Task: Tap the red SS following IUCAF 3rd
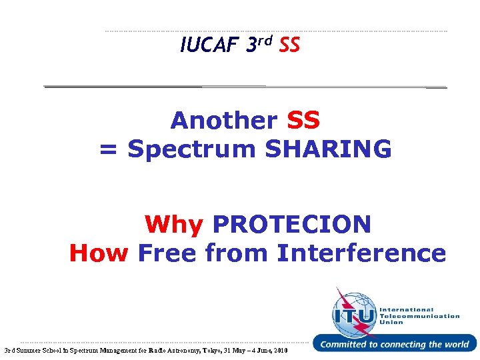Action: point(289,46)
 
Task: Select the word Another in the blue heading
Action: point(224,121)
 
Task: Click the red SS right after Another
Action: point(303,121)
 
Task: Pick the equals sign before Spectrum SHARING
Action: point(109,149)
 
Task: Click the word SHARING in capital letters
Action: point(328,149)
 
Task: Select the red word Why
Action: point(174,225)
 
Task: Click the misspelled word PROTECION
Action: point(291,225)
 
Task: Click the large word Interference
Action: point(361,253)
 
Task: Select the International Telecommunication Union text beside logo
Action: point(419,316)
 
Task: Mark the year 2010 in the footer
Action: point(281,350)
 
